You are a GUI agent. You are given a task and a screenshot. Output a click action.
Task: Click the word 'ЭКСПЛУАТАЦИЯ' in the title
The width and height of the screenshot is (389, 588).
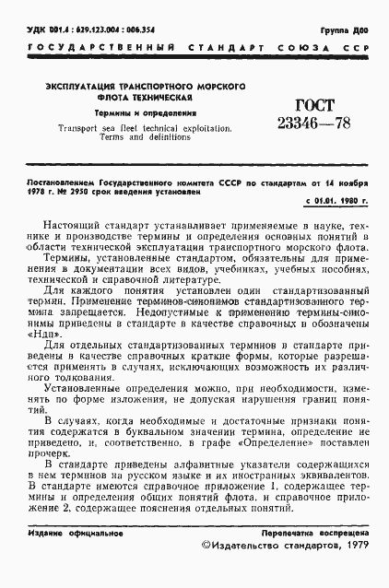tap(77, 86)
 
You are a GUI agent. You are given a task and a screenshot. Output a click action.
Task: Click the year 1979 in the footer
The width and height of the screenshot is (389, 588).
tap(353, 571)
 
